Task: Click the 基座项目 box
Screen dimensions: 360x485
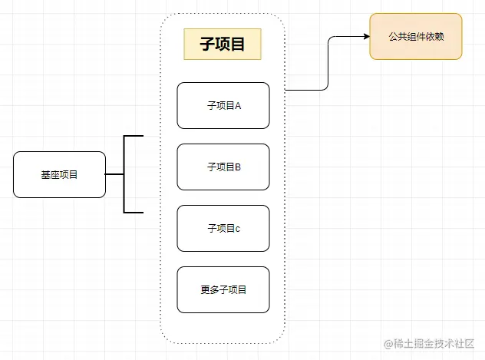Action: click(x=59, y=174)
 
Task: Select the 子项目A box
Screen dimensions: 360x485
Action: click(x=223, y=105)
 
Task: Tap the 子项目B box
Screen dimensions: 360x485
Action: click(x=223, y=167)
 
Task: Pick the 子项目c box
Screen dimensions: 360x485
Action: click(x=223, y=228)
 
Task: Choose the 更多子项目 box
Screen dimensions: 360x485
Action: click(x=223, y=289)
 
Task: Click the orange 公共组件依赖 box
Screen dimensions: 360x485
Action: click(x=416, y=36)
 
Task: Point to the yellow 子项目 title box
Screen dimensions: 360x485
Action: click(x=223, y=44)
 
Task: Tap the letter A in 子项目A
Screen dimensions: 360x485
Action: click(x=238, y=105)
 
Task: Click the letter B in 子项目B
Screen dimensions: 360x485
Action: click(x=238, y=167)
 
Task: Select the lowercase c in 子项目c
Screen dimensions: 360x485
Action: click(x=238, y=228)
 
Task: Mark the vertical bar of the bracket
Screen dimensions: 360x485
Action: click(x=124, y=174)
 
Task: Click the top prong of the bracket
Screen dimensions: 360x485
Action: click(x=134, y=137)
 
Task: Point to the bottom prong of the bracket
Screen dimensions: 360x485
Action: click(x=134, y=211)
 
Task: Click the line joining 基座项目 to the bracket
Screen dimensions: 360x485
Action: click(x=114, y=174)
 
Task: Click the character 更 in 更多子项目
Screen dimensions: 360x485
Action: click(x=205, y=289)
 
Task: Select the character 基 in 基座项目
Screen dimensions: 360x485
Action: click(x=45, y=174)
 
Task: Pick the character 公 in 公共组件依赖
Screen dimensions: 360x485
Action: click(x=394, y=36)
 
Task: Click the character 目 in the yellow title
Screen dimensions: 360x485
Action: click(x=238, y=44)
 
